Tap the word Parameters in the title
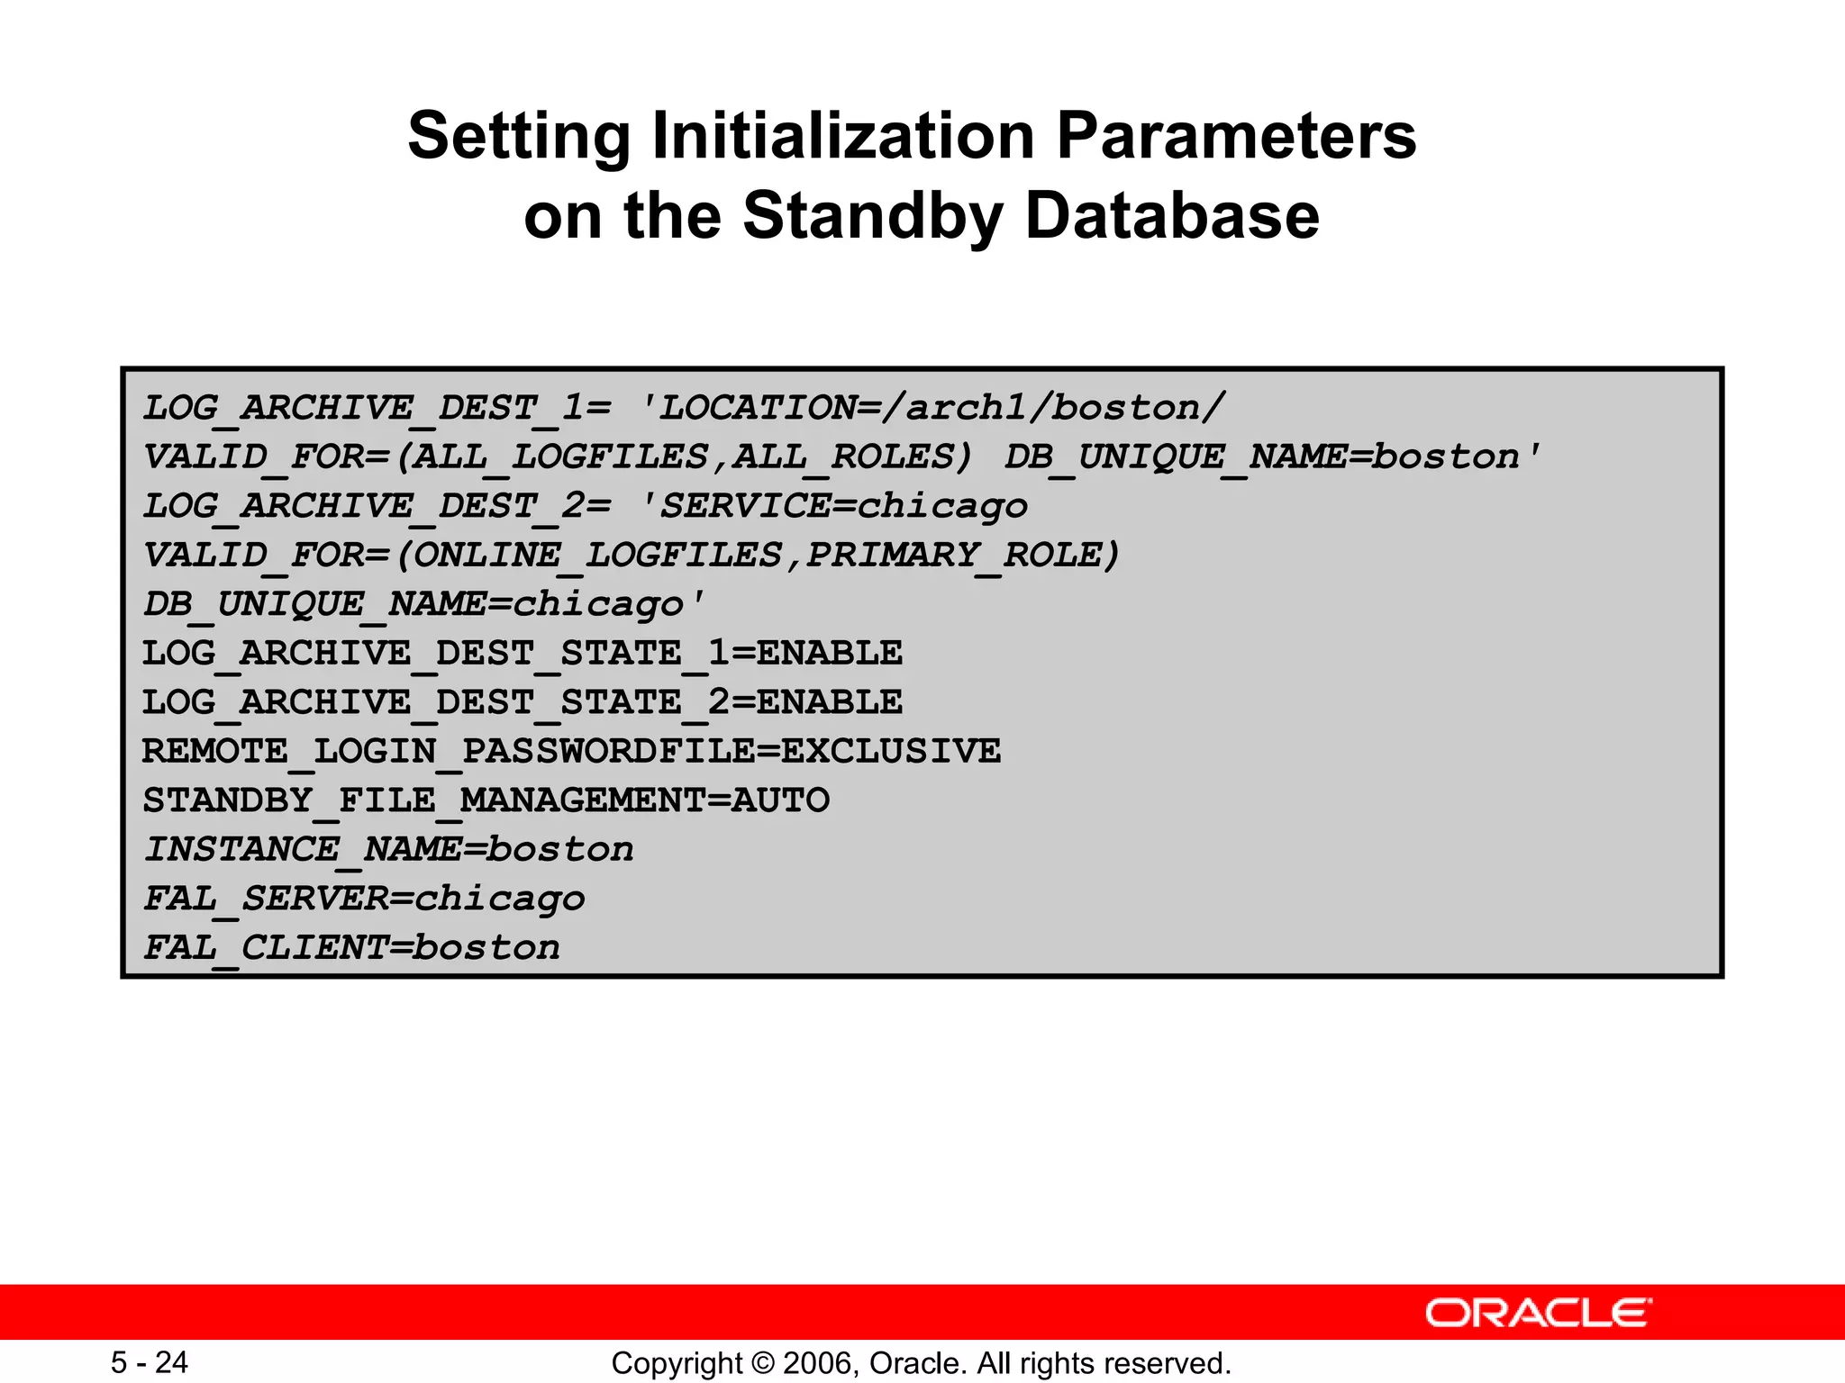point(1236,137)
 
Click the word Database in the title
point(1171,216)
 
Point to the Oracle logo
point(1538,1313)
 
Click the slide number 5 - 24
point(150,1362)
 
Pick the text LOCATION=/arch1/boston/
point(941,408)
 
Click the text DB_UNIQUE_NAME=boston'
point(1273,457)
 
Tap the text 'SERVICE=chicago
point(833,506)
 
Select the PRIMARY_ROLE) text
point(963,556)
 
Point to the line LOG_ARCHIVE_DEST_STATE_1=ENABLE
point(523,653)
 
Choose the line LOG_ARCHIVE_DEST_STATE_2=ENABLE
point(523,702)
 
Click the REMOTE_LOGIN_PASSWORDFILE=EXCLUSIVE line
point(571,751)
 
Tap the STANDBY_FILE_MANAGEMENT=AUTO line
point(486,800)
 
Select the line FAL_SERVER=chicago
point(365,899)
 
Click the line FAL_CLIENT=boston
point(352,947)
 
